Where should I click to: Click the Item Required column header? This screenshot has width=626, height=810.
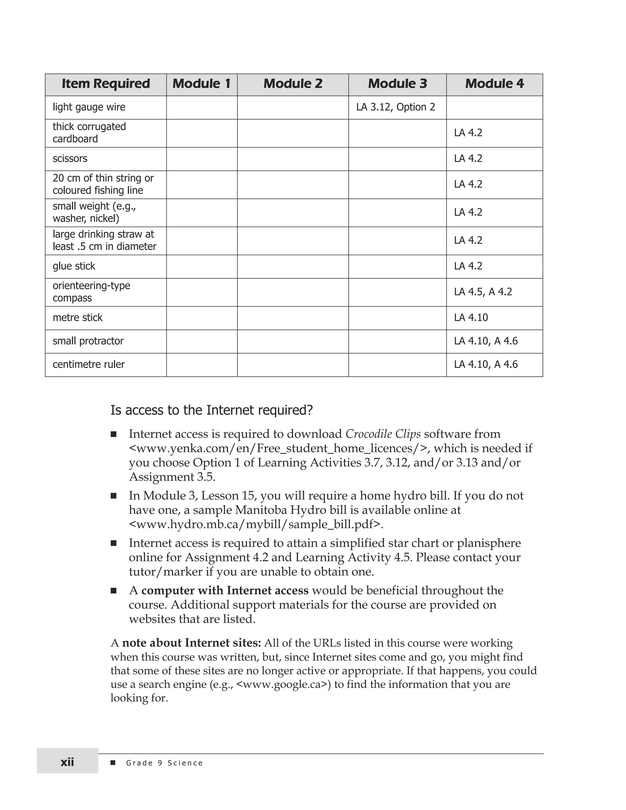[x=106, y=84]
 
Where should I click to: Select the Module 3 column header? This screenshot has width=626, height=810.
[x=397, y=84]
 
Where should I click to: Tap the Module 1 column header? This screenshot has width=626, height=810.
[x=201, y=84]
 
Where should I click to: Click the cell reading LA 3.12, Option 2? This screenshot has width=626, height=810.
[x=395, y=107]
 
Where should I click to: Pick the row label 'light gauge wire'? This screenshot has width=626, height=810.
[x=89, y=107]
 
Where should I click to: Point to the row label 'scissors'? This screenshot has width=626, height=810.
[x=70, y=159]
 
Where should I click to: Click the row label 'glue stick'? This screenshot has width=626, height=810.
[x=74, y=266]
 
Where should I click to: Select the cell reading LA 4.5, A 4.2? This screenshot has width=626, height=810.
[x=483, y=292]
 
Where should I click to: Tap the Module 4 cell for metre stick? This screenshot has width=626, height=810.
[x=471, y=318]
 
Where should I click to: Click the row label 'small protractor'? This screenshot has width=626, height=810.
[x=88, y=341]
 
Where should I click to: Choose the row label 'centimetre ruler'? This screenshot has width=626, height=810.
[x=89, y=365]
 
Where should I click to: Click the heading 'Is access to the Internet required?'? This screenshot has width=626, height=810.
[x=212, y=410]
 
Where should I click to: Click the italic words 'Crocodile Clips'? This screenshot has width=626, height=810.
[x=383, y=434]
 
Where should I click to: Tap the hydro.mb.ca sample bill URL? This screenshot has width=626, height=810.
[x=256, y=525]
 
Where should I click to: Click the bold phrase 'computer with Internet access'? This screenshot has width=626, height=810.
[x=225, y=591]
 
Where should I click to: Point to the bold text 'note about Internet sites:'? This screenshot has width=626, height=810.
[x=191, y=643]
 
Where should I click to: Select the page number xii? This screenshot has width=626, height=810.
[x=67, y=763]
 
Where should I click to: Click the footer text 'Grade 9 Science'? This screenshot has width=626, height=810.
[x=164, y=763]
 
